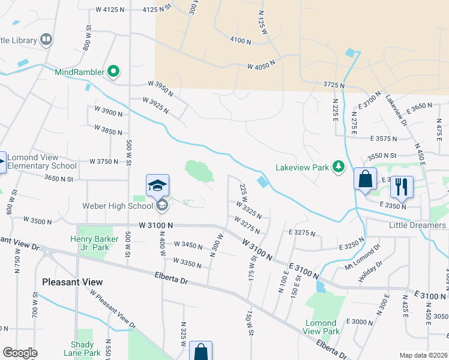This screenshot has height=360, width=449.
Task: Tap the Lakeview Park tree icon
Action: [339, 166]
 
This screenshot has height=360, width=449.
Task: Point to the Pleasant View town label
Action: [72, 281]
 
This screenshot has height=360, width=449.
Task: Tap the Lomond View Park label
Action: [321, 327]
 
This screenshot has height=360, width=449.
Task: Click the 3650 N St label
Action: [58, 178]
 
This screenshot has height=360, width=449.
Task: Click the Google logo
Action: [20, 353]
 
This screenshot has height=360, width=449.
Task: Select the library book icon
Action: [46, 40]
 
